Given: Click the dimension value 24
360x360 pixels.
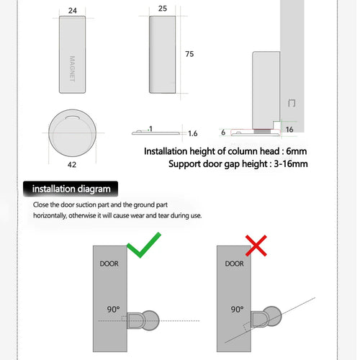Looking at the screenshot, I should click(73, 10).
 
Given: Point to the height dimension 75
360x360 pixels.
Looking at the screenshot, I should click(189, 55).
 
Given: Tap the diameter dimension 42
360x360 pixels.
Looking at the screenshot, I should click(71, 164).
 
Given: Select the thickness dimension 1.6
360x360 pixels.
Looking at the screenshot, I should click(192, 133).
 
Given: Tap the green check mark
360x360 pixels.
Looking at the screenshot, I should click(143, 246).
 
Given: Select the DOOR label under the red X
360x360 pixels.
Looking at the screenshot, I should click(235, 264).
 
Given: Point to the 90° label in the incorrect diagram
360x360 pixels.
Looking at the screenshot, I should click(236, 309).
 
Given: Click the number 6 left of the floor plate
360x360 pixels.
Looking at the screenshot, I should click(224, 132).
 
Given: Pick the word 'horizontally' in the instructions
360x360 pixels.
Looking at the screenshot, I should click(56, 215).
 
